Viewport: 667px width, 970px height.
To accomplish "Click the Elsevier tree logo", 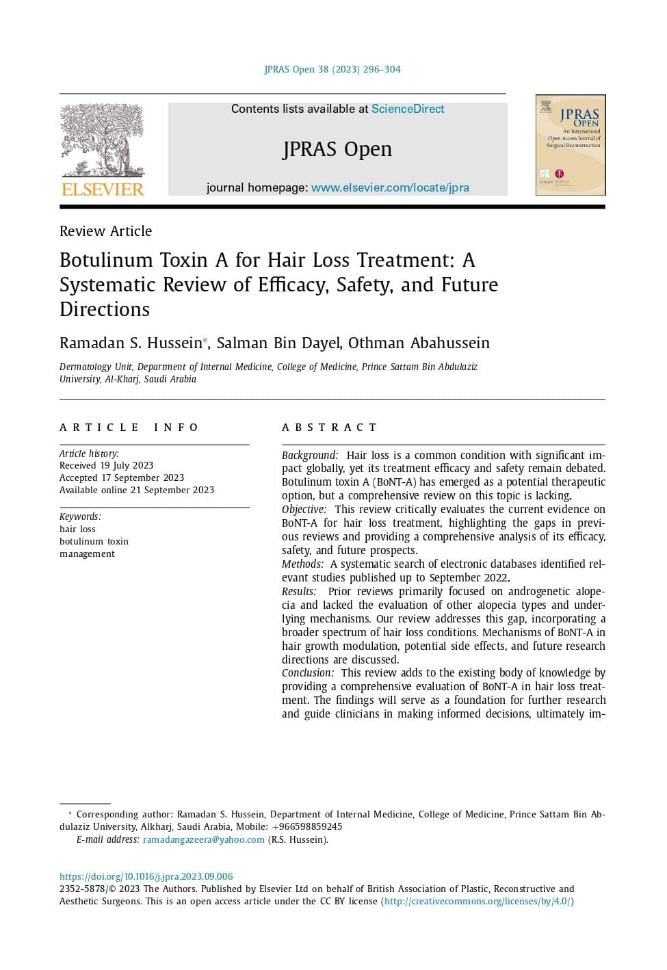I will tap(102, 140).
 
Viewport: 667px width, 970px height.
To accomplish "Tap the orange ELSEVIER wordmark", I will tap(103, 189).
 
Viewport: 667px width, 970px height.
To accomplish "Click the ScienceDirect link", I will tap(408, 109).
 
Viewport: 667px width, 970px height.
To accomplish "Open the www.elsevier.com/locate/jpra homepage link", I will tap(390, 187).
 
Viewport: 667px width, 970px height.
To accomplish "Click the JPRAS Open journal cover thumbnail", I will tap(570, 145).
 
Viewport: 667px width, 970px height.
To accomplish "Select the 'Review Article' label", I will tap(106, 231).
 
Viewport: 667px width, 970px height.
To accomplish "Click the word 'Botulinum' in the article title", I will tap(107, 260).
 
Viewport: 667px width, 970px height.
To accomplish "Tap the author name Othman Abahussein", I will tap(419, 343).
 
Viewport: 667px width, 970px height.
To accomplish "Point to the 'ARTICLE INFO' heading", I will tap(129, 428).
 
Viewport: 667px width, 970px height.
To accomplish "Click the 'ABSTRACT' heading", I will tap(329, 428).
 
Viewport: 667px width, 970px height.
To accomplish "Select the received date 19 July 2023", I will tap(127, 466).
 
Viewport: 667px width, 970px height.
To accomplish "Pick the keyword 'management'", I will tap(87, 554).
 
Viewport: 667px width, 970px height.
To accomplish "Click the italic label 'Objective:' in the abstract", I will tap(304, 510).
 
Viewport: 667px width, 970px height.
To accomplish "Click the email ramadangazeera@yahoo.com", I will tap(204, 840).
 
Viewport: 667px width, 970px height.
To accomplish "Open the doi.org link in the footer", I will tap(146, 876).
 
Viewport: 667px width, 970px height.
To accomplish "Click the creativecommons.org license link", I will tap(477, 902).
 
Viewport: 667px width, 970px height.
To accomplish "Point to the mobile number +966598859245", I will tap(307, 827).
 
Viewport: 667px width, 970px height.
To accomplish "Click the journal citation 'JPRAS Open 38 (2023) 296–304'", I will tap(332, 69).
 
